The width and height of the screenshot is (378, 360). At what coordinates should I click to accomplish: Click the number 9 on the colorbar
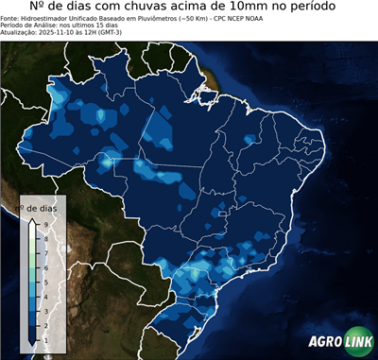(x=46, y=223)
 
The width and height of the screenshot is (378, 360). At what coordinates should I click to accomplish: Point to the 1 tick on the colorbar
(x=46, y=338)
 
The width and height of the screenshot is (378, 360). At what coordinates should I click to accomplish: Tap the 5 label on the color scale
(x=46, y=281)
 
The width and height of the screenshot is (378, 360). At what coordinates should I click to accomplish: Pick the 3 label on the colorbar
(x=46, y=309)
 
